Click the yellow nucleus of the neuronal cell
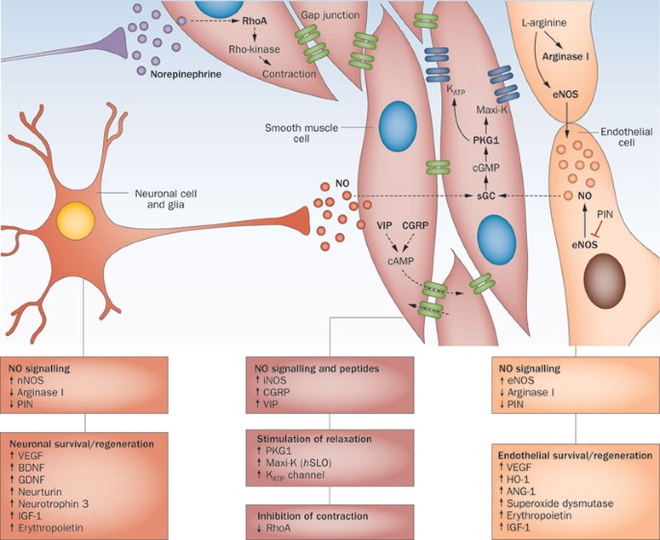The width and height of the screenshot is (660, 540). (x=74, y=218)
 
